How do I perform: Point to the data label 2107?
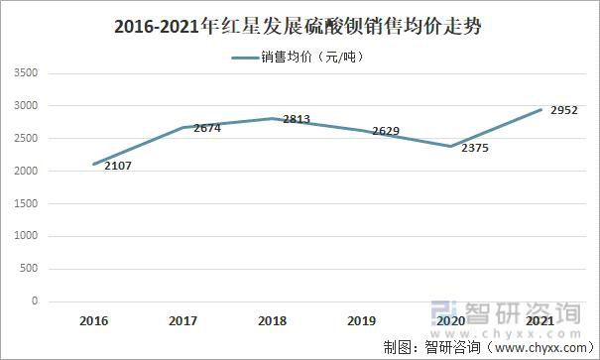(x=116, y=166)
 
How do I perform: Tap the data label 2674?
(x=207, y=128)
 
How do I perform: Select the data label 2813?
(x=297, y=119)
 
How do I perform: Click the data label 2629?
(x=385, y=132)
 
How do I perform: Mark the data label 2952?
(x=564, y=110)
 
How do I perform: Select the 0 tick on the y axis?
(x=35, y=300)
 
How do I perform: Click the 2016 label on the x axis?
(x=93, y=321)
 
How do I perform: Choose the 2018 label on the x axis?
(x=271, y=321)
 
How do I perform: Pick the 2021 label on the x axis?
(x=540, y=321)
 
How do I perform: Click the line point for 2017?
(x=183, y=127)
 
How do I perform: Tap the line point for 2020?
(x=451, y=147)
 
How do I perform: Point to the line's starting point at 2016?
(x=94, y=164)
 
